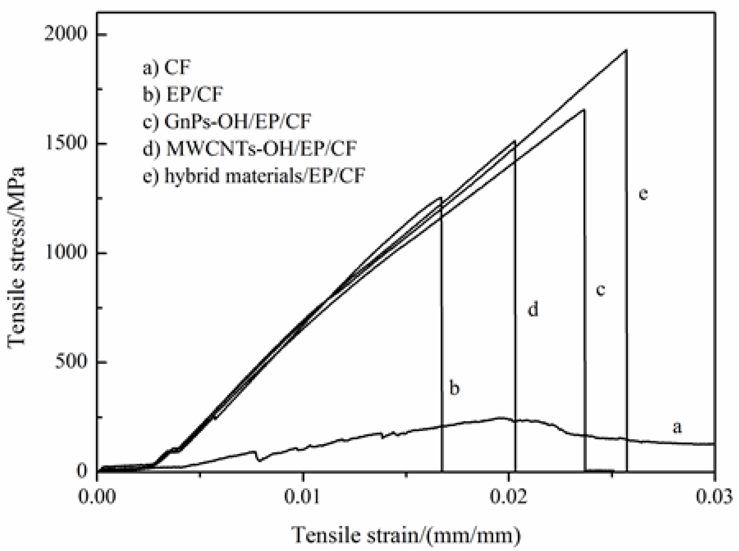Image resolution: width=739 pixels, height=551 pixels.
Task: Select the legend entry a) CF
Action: tap(167, 68)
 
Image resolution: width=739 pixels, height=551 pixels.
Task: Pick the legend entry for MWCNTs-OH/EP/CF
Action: tap(250, 148)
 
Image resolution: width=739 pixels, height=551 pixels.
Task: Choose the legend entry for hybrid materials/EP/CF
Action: tap(254, 175)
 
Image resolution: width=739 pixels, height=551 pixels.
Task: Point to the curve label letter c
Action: tap(601, 290)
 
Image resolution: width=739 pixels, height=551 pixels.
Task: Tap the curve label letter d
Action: tap(533, 309)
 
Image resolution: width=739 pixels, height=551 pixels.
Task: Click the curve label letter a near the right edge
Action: tap(677, 427)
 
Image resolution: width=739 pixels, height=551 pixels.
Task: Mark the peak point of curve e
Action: tap(626, 50)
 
